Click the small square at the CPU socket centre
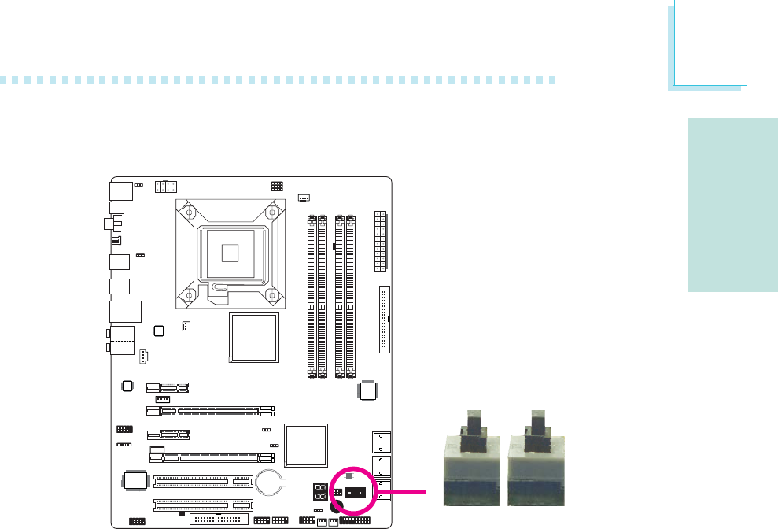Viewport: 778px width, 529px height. pyautogui.click(x=229, y=252)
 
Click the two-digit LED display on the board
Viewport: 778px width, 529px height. pyautogui.click(x=320, y=494)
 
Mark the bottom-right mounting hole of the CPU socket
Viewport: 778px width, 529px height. pyautogui.click(x=271, y=295)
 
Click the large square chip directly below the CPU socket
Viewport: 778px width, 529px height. pyautogui.click(x=253, y=337)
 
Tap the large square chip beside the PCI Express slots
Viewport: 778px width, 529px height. pyautogui.click(x=305, y=446)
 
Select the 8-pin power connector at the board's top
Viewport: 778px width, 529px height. pyautogui.click(x=166, y=186)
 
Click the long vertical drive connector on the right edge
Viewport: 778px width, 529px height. pyautogui.click(x=385, y=320)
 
